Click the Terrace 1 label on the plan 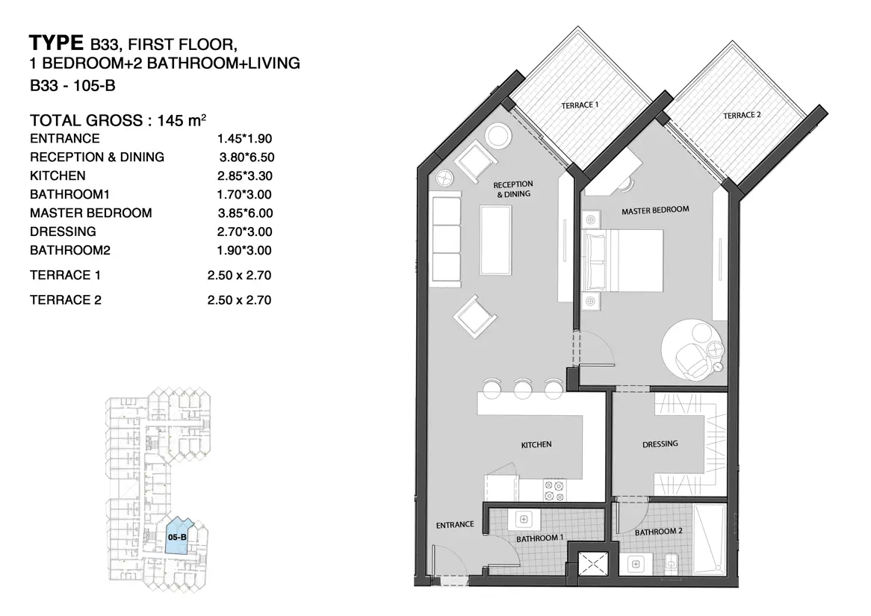tap(580, 105)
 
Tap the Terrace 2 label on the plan tap(742, 116)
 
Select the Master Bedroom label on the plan tap(655, 211)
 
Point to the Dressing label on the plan tap(660, 444)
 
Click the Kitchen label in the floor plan tap(536, 444)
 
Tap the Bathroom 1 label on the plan tap(539, 538)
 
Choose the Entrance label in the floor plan tap(455, 524)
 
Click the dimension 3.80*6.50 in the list tap(247, 158)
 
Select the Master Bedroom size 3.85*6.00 tap(245, 213)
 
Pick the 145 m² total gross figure tap(182, 120)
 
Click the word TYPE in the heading tap(56, 43)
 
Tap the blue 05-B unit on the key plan tap(179, 535)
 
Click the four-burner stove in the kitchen tap(555, 490)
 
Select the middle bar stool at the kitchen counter tap(523, 388)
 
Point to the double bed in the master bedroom tap(622, 261)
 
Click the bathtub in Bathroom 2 tap(710, 539)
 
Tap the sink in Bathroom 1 tap(524, 520)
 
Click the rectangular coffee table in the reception tap(496, 240)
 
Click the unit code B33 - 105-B tap(72, 86)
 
